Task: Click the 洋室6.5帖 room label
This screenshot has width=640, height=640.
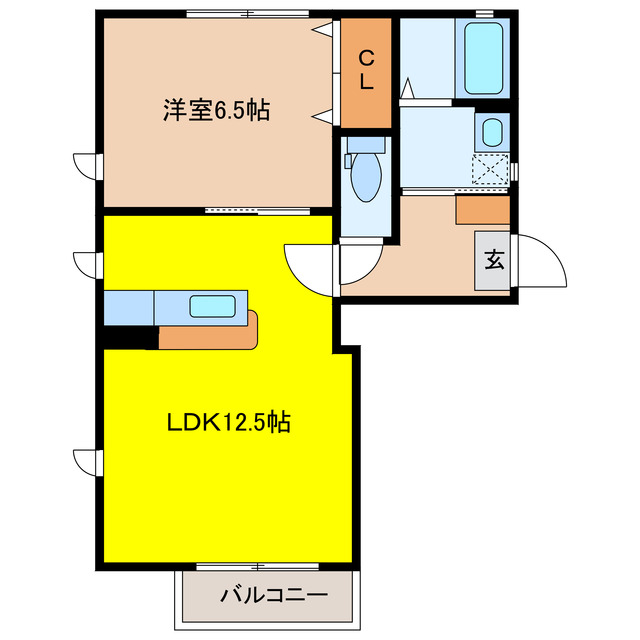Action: (x=216, y=111)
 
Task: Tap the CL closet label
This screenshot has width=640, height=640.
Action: (x=366, y=72)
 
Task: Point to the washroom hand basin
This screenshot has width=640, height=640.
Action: (x=492, y=133)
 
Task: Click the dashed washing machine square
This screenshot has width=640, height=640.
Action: (x=491, y=169)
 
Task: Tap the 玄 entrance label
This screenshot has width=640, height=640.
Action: (x=494, y=261)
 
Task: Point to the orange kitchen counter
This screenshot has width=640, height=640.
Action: (x=210, y=334)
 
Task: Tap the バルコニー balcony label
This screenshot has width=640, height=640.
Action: (x=274, y=596)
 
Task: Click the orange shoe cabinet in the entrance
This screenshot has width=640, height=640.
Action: (x=482, y=209)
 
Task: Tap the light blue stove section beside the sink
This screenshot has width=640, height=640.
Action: (x=128, y=307)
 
